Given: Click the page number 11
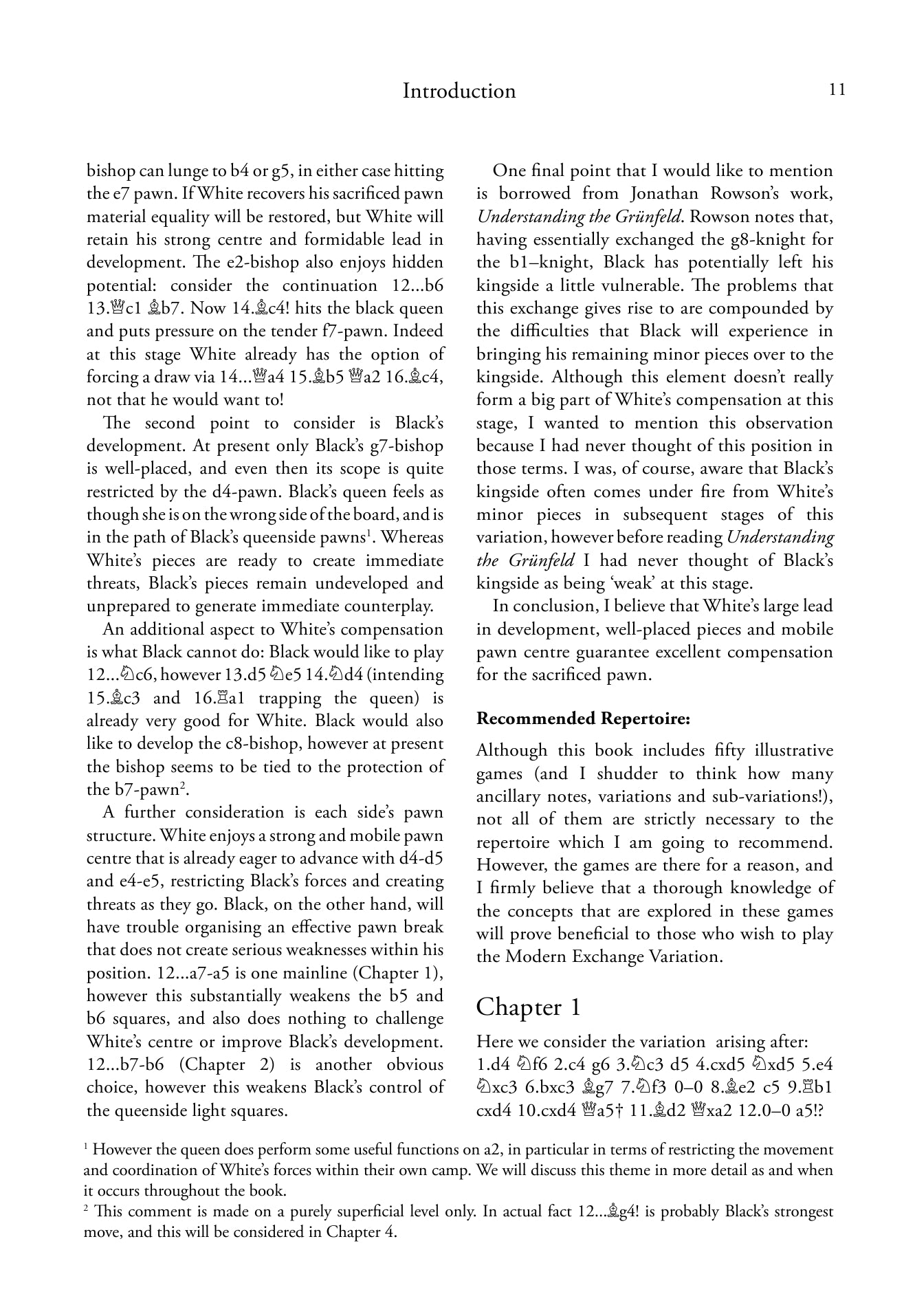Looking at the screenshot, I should (837, 90).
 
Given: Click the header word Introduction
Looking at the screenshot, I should (459, 91).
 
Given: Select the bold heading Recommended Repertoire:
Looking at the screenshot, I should (582, 719).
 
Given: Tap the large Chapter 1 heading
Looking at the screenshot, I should (528, 1007).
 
